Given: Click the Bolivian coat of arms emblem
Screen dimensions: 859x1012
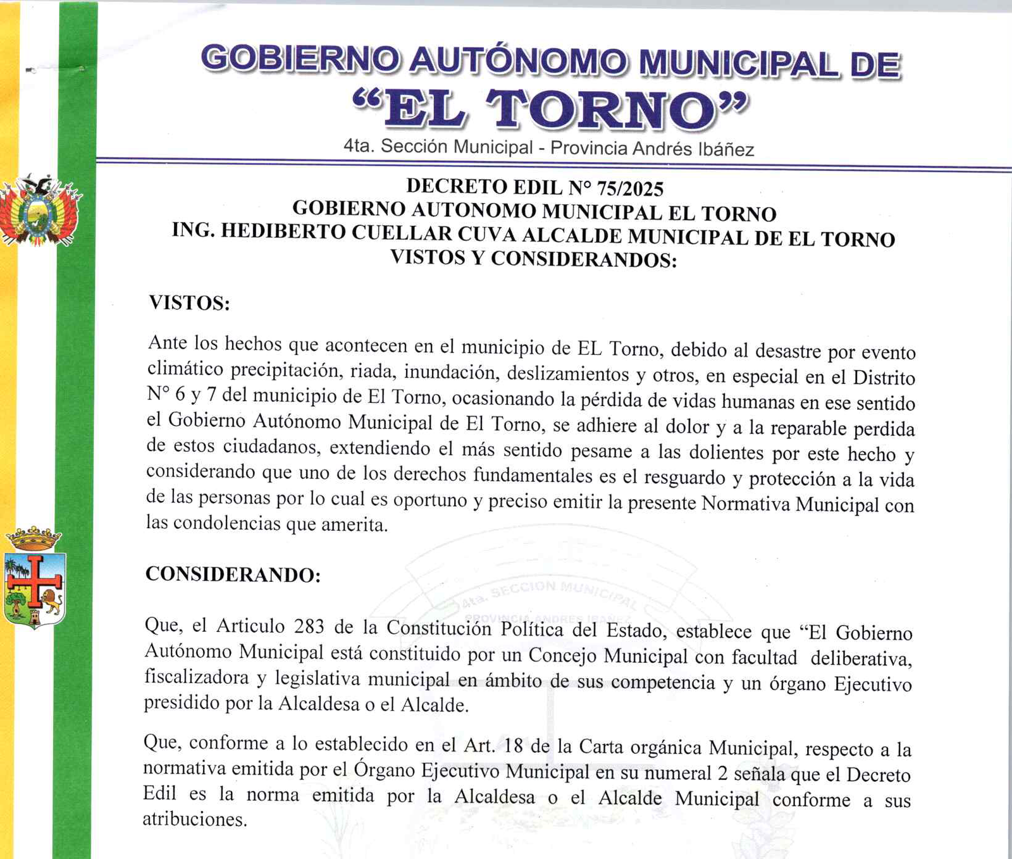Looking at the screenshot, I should coord(39,212).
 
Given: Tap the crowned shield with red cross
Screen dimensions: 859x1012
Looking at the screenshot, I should coord(35,579).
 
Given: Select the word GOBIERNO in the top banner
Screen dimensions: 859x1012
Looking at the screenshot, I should coord(300,60).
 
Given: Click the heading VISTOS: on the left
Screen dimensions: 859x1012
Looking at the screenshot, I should coord(189,303).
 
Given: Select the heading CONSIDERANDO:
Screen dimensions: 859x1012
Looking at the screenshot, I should coord(233,574).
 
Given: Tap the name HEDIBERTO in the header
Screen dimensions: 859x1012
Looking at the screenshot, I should coord(285,231).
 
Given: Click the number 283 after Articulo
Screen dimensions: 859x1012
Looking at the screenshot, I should coord(309,626).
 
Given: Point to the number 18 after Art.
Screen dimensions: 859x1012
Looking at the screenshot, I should coord(513,746).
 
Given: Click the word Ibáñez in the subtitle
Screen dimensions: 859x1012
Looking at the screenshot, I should coord(725,149).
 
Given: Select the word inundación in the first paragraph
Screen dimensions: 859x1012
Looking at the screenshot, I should coord(448,372).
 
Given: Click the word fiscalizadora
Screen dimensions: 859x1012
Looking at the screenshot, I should coord(197,677).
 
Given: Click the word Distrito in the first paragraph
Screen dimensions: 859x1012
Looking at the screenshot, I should coord(884,378).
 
